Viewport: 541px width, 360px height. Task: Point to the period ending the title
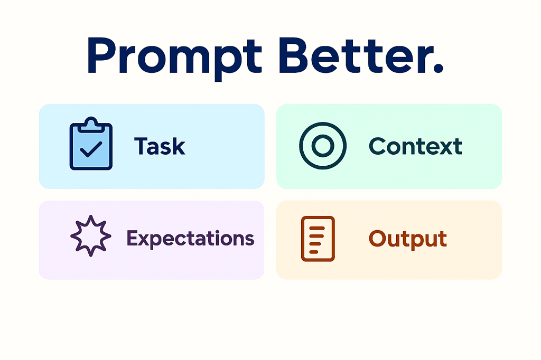tap(437, 68)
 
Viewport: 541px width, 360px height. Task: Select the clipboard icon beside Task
tap(91, 143)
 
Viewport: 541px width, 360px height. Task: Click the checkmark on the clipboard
tap(91, 149)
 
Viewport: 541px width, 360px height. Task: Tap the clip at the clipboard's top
tap(91, 125)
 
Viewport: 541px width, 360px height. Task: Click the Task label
tap(160, 146)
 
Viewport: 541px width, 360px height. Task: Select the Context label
tap(415, 146)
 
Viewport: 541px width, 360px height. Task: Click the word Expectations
tap(190, 239)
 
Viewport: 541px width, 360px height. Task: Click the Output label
tap(408, 239)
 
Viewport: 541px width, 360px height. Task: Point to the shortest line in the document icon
tap(314, 252)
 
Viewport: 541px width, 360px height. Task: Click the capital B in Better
tap(294, 55)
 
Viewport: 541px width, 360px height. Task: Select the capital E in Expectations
tap(133, 238)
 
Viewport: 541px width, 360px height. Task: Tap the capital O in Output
tap(377, 238)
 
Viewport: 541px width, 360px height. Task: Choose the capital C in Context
tap(377, 146)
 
